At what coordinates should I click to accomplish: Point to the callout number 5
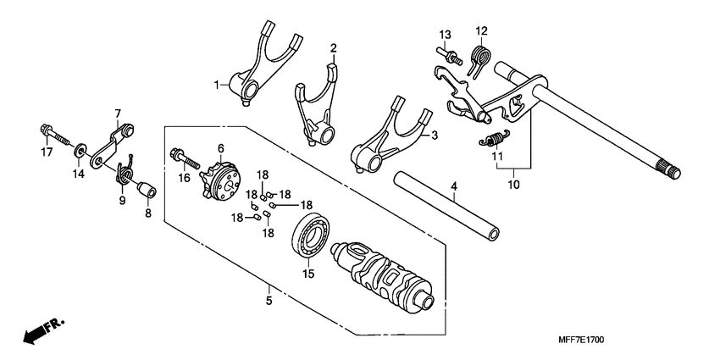[x=269, y=300]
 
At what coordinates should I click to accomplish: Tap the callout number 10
[x=513, y=182]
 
